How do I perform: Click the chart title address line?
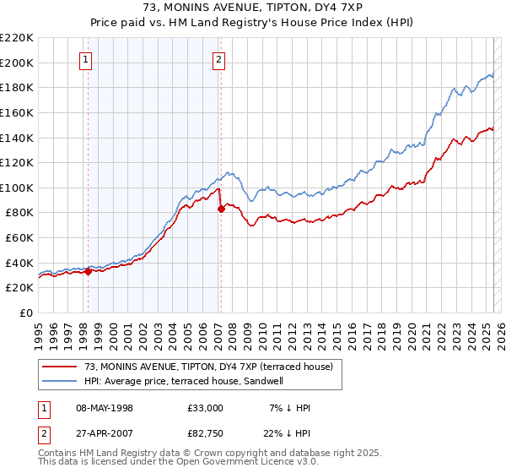point(253,8)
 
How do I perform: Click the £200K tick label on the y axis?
point(17,63)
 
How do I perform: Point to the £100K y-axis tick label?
point(17,188)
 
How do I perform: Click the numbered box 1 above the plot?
point(88,60)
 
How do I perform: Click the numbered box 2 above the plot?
point(218,60)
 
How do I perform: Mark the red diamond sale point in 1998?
point(88,271)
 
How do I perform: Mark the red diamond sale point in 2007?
point(221,209)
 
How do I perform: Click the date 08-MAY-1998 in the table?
point(105,408)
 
